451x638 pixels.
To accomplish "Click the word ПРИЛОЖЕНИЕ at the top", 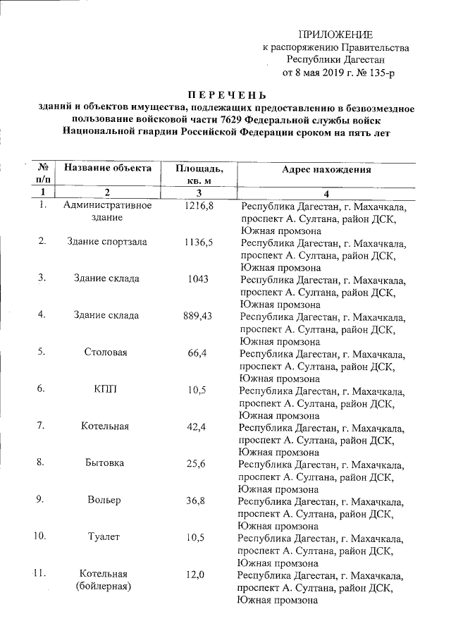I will [x=335, y=35].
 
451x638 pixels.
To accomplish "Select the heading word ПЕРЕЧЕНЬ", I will [x=227, y=94].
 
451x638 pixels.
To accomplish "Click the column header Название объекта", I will [x=108, y=168].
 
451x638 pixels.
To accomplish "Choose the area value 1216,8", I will [x=199, y=206].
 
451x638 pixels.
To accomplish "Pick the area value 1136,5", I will [x=199, y=242].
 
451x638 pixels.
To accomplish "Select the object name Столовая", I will [x=106, y=352].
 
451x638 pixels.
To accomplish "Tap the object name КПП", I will [x=106, y=388].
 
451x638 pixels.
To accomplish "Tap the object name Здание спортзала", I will [x=107, y=242].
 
